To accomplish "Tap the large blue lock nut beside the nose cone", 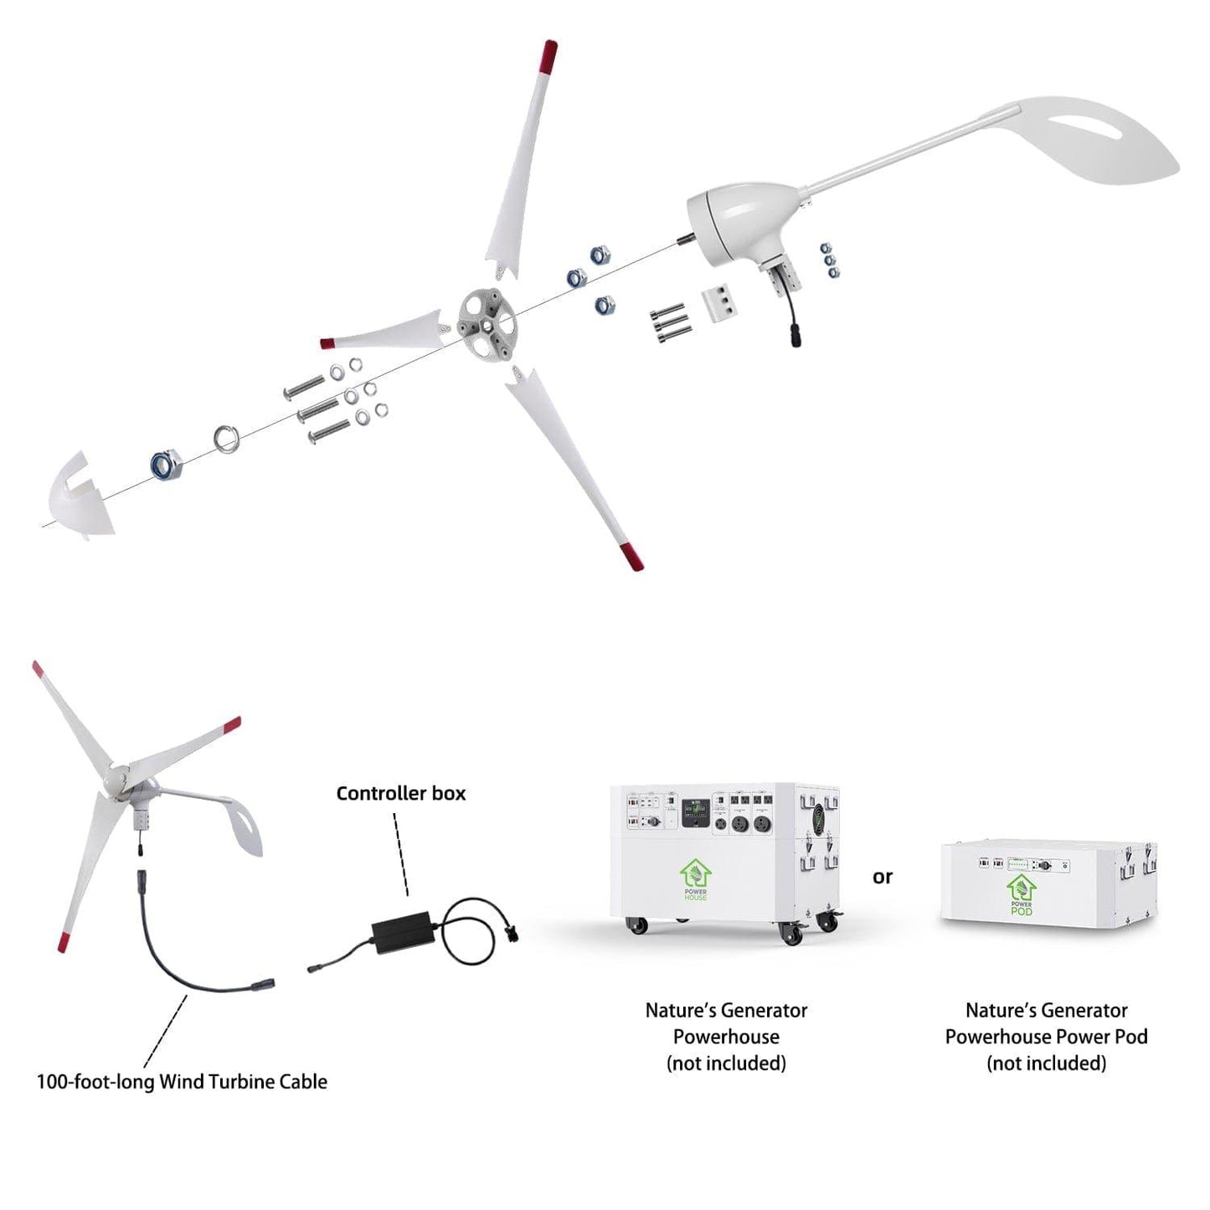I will tap(167, 463).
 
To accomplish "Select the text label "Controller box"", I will tap(400, 793).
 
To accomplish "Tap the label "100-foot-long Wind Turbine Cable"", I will tap(182, 1081).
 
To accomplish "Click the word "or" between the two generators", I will tap(883, 877).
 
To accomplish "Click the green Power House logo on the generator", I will tap(695, 879).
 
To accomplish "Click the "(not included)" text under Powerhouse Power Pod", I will tap(1046, 1063).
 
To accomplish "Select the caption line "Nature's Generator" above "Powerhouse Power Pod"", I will tap(1046, 1010).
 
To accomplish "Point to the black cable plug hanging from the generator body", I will tap(790, 336).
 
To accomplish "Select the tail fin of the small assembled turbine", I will tap(239, 825).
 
